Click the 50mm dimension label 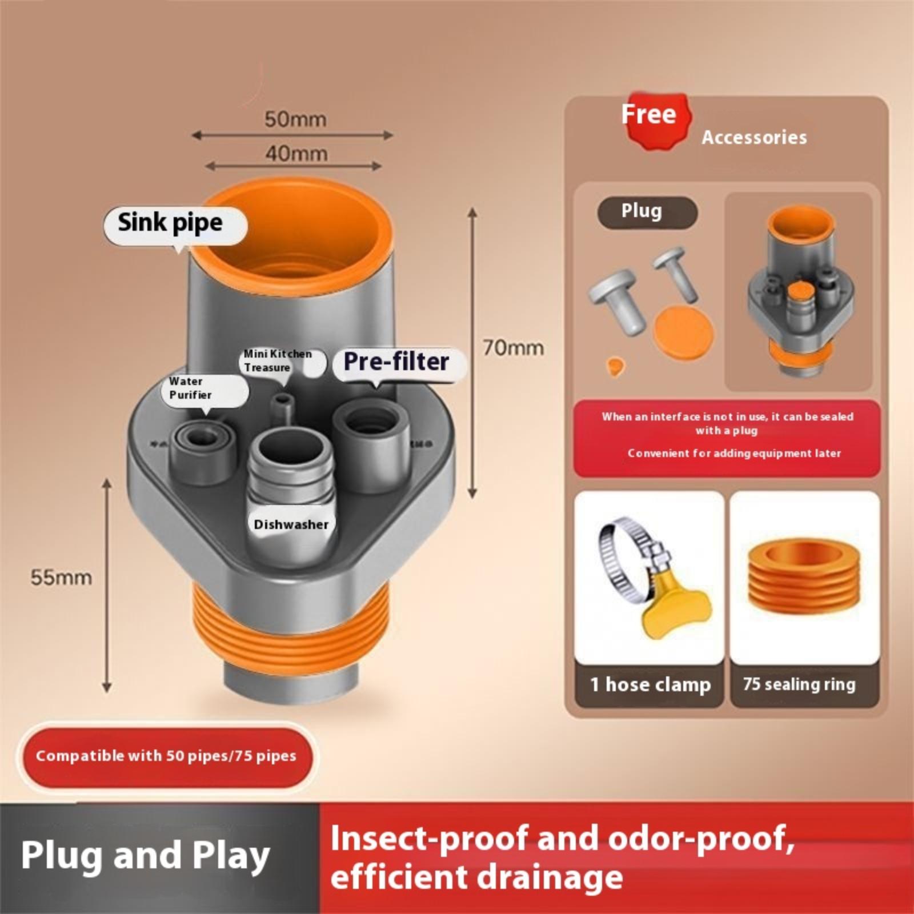(295, 120)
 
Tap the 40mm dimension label (296, 154)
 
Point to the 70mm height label (513, 348)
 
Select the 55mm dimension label (61, 577)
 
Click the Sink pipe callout (171, 223)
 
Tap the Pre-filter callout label (396, 362)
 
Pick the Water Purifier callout (191, 388)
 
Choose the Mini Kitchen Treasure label (278, 360)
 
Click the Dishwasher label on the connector (291, 524)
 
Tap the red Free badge (650, 115)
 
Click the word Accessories (754, 138)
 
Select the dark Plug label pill (642, 211)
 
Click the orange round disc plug (683, 331)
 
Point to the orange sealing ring (804, 577)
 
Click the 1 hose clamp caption (650, 684)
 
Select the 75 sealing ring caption (799, 684)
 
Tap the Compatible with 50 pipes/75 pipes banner (166, 756)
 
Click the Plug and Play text (146, 856)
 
